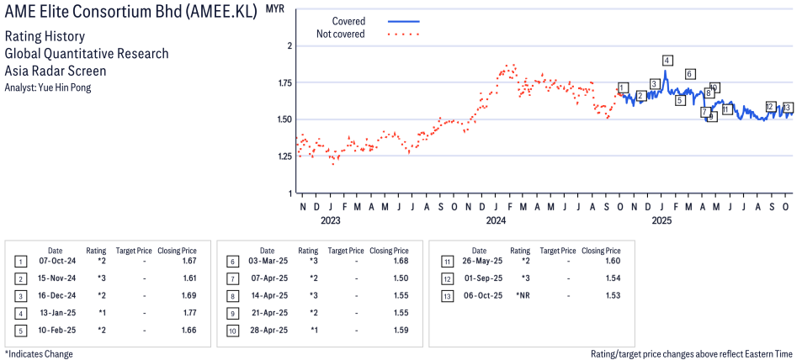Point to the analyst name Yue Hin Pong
68,87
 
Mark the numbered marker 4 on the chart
667,61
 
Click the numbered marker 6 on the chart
689,74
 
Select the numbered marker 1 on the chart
622,88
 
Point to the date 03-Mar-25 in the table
267,262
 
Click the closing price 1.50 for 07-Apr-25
401,278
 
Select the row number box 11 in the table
448,262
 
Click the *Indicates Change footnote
39,354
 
